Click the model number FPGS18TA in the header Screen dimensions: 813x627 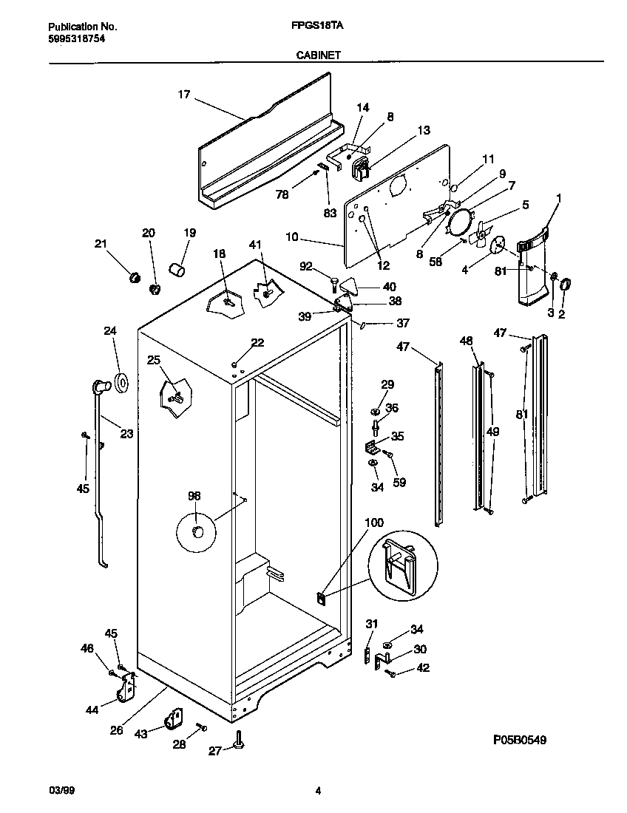[x=313, y=25]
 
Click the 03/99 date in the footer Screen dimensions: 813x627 [x=61, y=791]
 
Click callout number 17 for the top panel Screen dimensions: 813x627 [x=184, y=95]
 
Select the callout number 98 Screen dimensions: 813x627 [x=194, y=496]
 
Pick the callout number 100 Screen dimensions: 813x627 [x=374, y=523]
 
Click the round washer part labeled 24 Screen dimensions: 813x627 [x=121, y=382]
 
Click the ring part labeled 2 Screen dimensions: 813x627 [x=566, y=283]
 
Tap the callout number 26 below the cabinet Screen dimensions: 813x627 [x=116, y=731]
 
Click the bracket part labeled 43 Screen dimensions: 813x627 [x=176, y=718]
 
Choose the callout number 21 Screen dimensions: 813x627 [x=101, y=244]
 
